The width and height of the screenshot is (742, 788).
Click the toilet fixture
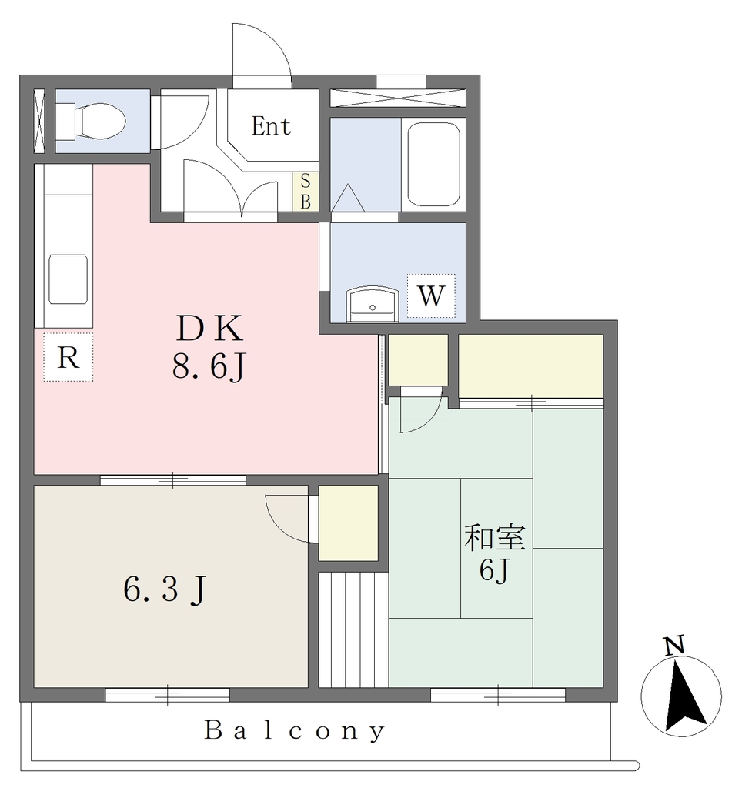click(91, 121)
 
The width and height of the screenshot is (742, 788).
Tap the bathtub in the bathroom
click(433, 165)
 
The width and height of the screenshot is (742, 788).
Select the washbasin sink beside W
click(372, 303)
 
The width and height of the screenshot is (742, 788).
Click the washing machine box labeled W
click(431, 295)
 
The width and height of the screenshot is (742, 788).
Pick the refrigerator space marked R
click(69, 357)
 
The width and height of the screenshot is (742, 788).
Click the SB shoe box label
click(306, 192)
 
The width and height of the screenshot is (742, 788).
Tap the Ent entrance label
click(271, 126)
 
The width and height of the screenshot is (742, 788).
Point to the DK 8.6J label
click(209, 346)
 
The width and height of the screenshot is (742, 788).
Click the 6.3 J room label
click(165, 589)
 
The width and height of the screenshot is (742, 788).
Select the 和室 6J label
click(495, 553)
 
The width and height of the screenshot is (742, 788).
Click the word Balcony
click(295, 731)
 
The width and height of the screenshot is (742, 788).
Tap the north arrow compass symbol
click(682, 696)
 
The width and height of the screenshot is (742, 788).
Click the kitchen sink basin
click(69, 279)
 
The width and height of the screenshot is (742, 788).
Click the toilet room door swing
click(180, 122)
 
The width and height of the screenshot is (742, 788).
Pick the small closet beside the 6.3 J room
click(349, 523)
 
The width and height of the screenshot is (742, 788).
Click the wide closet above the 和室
click(531, 366)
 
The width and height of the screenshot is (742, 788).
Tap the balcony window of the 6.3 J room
click(167, 695)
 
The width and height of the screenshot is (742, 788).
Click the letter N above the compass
click(674, 646)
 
